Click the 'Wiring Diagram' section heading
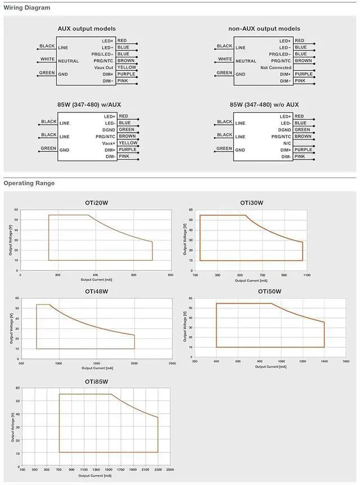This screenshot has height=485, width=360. point(26,8)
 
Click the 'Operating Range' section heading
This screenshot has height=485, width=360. point(29,183)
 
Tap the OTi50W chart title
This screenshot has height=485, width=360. point(269,292)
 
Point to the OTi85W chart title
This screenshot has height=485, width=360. point(96,382)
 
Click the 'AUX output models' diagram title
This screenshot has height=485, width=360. point(87,29)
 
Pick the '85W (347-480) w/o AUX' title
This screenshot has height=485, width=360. point(264,105)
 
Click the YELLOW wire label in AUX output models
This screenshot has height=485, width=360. point(127,67)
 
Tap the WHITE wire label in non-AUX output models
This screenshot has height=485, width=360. point(224,59)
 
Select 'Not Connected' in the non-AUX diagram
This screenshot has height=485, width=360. point(276,67)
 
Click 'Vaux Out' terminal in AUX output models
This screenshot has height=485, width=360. point(103,67)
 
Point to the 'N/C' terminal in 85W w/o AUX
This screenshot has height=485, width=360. point(287,143)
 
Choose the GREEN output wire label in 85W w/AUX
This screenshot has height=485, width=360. point(126,130)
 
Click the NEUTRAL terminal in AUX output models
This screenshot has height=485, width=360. point(68,61)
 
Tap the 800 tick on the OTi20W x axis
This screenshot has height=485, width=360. point(170,275)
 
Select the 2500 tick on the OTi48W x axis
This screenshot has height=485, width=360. point(172,364)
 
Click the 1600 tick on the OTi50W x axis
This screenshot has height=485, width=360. point(345,361)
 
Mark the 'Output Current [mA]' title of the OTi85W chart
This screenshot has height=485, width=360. point(96,475)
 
